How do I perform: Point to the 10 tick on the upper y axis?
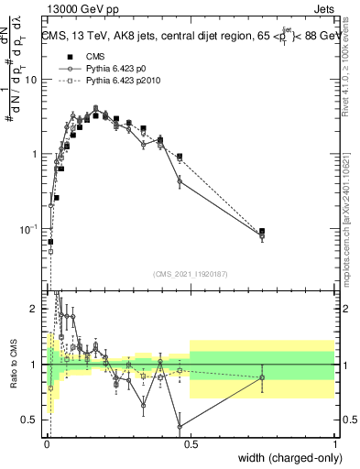32,80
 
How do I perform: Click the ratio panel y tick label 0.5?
30,420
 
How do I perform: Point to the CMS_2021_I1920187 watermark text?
191,274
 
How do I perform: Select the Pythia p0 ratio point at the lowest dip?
180,427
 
